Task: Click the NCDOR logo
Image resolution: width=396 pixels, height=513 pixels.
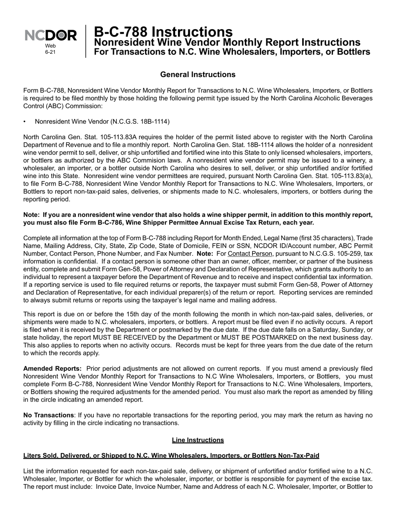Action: [x=50, y=36]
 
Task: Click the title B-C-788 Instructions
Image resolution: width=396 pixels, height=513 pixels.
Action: [x=163, y=32]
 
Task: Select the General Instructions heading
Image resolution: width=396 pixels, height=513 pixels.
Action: [x=198, y=75]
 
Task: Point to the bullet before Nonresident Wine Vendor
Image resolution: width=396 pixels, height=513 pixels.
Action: [x=25, y=122]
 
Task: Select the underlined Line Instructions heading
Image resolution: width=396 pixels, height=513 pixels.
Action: [x=198, y=440]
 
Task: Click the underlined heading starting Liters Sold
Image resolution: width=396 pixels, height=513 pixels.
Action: [x=171, y=455]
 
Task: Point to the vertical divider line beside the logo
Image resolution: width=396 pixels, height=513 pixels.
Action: [x=86, y=41]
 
